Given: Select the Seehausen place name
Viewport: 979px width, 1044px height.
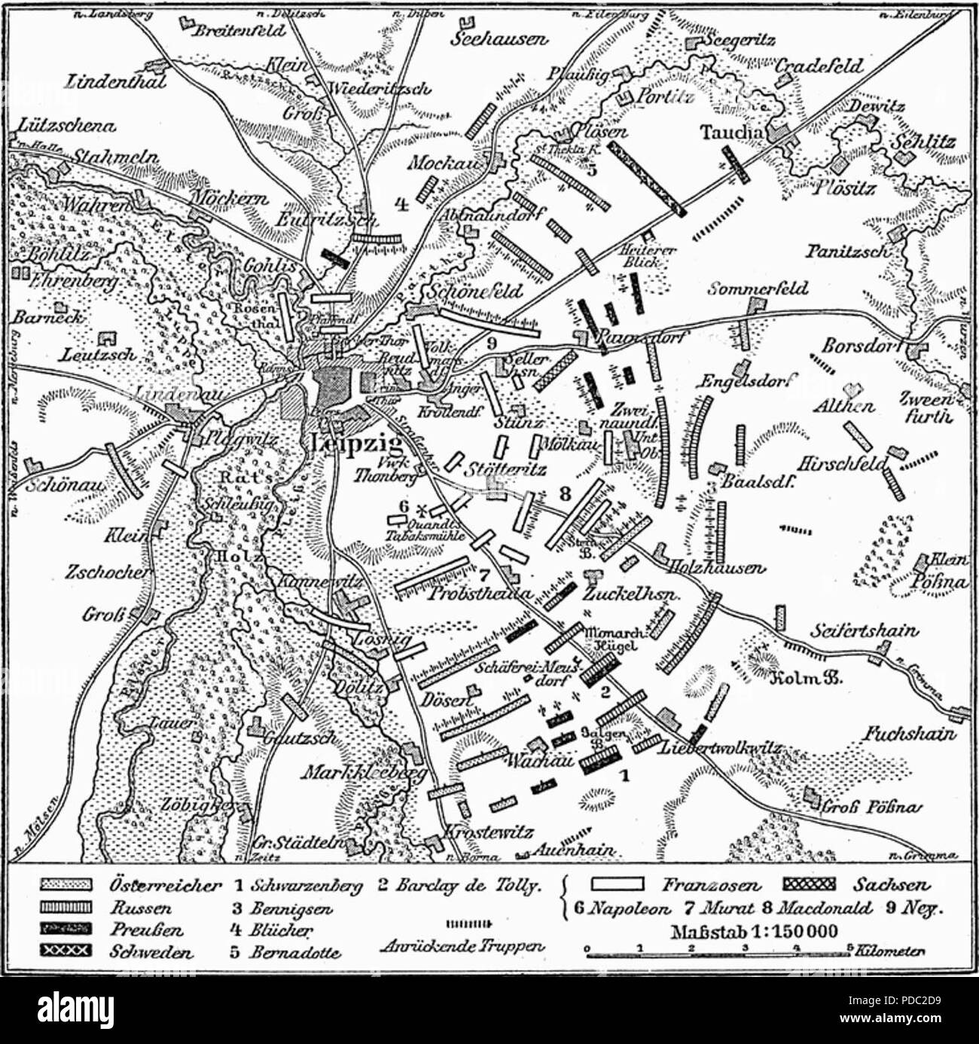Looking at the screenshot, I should point(499,39).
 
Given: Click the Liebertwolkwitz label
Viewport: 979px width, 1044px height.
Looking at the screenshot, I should point(720,748).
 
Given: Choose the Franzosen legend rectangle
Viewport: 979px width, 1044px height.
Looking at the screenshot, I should point(619,884).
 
